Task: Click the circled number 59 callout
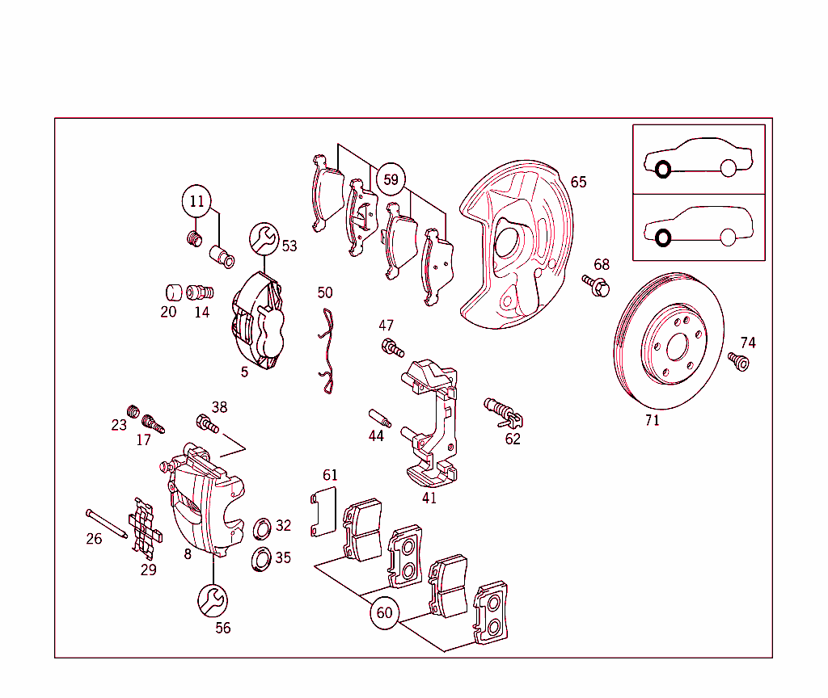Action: [391, 179]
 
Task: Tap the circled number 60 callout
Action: [384, 613]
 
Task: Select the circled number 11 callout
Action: [197, 201]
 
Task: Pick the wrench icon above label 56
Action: [213, 600]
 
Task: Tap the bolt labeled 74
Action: [738, 361]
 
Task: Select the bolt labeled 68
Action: [597, 285]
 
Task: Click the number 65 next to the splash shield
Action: [578, 183]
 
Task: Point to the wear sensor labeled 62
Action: [503, 411]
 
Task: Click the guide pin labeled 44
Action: [379, 418]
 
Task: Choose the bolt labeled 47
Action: [391, 348]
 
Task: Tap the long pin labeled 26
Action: [105, 523]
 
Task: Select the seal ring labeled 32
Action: [263, 529]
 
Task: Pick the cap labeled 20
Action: [172, 292]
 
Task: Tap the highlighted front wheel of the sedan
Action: [662, 170]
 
